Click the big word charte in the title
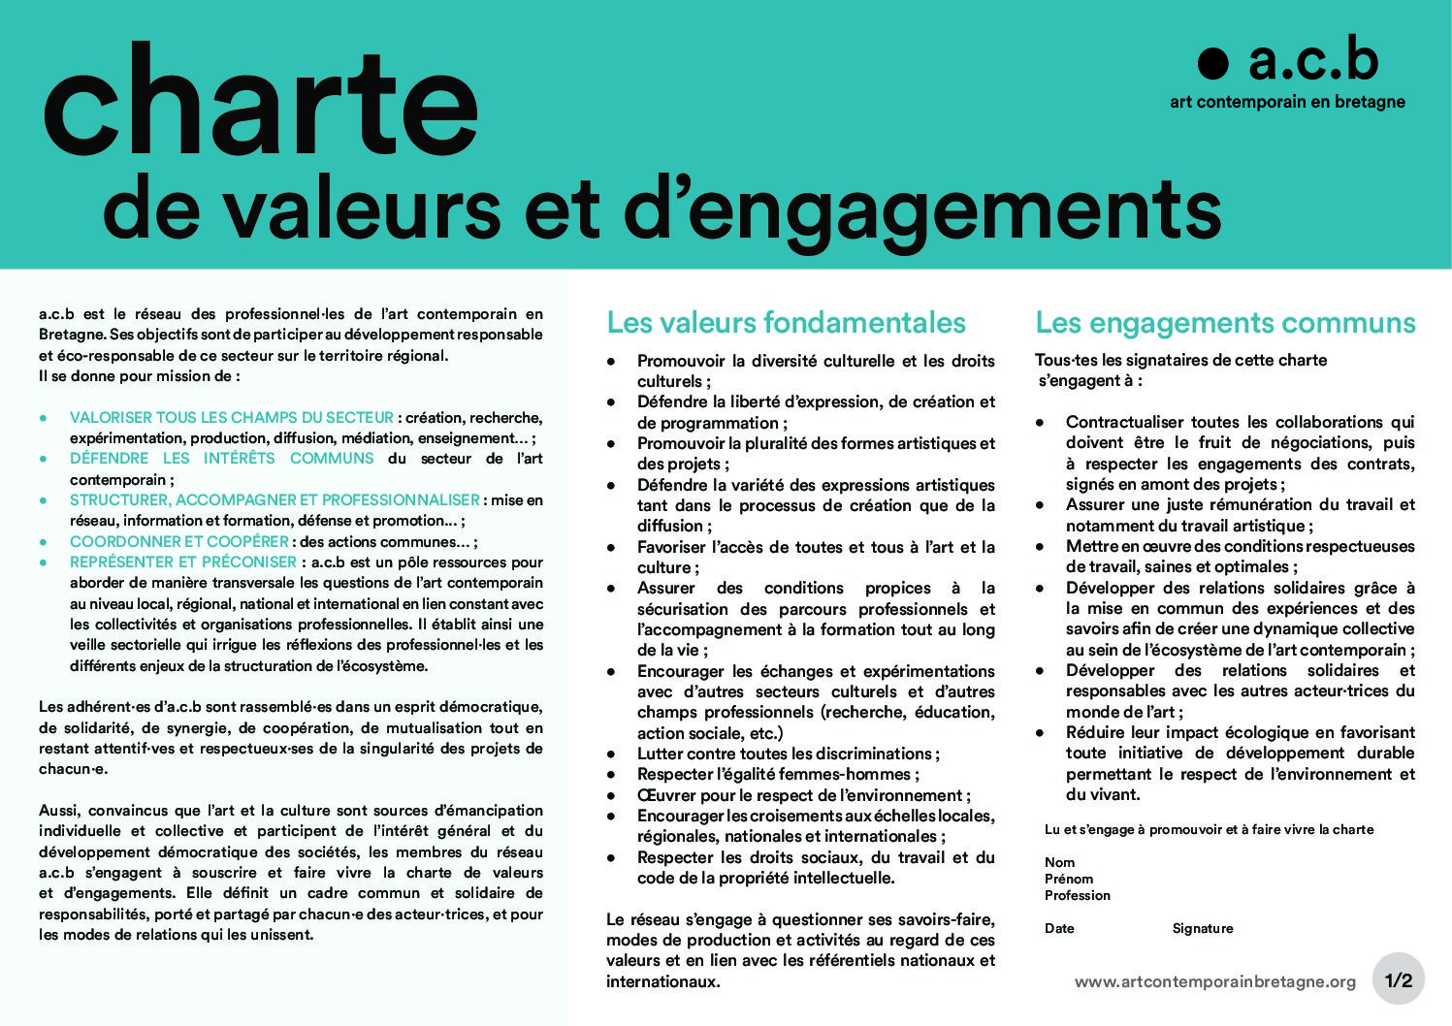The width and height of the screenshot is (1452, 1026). point(260,103)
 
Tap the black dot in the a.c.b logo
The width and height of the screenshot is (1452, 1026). point(1212,63)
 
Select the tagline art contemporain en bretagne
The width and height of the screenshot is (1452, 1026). point(1287,101)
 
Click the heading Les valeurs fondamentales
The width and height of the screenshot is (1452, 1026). point(786,322)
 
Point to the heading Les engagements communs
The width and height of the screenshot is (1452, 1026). point(1225,322)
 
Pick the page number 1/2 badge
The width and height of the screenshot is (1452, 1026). point(1399,980)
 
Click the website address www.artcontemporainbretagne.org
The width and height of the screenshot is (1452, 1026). point(1214,981)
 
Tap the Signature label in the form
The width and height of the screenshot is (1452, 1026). point(1202,928)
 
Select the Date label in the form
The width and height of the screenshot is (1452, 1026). point(1059,928)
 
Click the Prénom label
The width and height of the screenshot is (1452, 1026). point(1069,879)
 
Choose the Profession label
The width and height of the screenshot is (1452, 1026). point(1077,895)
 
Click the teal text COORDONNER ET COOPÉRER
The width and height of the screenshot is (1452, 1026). point(178,541)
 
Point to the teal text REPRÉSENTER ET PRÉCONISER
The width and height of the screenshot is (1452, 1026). point(183,561)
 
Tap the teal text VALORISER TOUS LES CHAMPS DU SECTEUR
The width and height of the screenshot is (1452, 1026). point(232,417)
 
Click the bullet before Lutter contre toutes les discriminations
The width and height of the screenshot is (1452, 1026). point(611,754)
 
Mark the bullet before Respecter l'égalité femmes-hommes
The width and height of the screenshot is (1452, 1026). point(611,775)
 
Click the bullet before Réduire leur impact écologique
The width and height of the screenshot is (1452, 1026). point(1040,733)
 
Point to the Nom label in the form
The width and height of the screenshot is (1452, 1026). point(1059,862)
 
